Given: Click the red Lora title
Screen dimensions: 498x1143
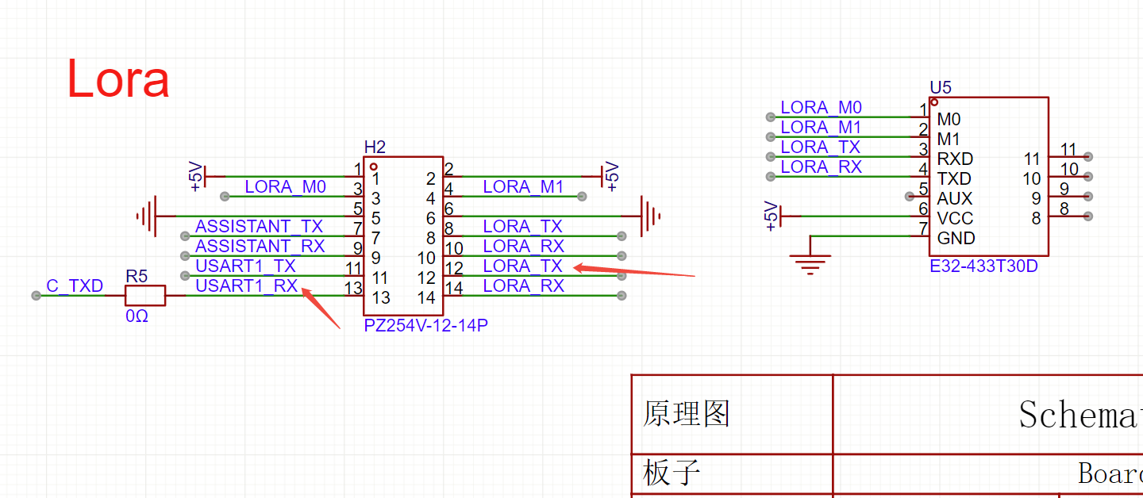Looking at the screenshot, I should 117,79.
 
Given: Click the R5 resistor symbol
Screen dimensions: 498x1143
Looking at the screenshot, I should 145,295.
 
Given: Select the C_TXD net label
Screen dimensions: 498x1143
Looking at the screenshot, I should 75,285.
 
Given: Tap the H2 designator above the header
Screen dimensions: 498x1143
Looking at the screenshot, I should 375,147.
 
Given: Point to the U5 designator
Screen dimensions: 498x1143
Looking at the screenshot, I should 940,87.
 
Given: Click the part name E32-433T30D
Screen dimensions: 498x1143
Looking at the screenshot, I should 983,266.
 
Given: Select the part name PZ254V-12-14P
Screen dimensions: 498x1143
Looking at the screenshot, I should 425,325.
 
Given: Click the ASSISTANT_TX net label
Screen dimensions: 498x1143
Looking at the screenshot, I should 259,227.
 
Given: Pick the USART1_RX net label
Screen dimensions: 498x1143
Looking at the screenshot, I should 246,285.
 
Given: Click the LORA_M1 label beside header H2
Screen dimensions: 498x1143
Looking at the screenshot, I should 523,187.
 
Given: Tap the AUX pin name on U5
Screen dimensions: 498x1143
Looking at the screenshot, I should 954,198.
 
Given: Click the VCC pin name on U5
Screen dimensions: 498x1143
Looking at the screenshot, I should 955,218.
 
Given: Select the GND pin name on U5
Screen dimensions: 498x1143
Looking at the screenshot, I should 956,238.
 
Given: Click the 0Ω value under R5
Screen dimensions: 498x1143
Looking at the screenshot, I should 137,316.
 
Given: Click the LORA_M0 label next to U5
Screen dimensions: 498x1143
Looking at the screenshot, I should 821,108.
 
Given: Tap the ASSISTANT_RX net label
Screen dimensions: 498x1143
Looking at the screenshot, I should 260,246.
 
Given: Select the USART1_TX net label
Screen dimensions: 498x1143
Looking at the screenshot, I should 245,266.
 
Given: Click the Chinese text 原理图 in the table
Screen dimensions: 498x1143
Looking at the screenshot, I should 686,413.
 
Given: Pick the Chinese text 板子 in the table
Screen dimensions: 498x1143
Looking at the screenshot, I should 672,473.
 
